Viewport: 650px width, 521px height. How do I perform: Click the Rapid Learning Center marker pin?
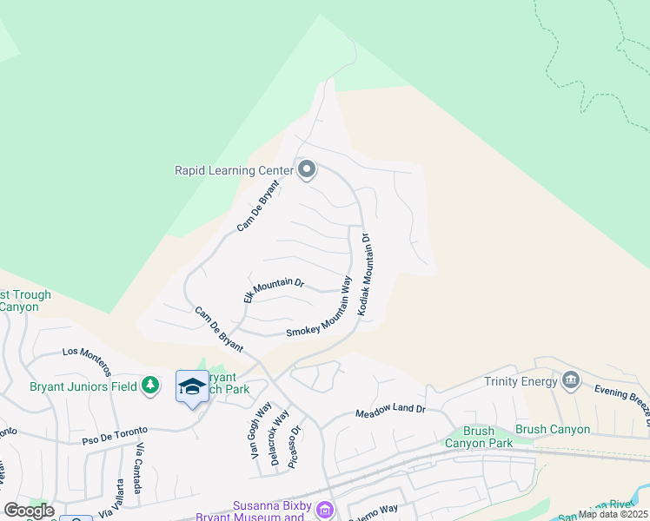[x=306, y=169]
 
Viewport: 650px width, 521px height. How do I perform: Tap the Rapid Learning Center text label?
[x=233, y=170]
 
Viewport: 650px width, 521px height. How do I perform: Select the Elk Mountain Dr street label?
[x=274, y=290]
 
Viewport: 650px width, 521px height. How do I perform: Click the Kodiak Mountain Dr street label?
[x=365, y=274]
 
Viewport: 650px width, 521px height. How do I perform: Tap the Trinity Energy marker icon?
[x=570, y=379]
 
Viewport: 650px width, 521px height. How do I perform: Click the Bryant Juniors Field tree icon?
[x=150, y=386]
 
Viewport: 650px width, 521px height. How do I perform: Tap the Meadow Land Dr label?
[x=390, y=412]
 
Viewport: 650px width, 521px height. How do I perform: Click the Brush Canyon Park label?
[x=478, y=437]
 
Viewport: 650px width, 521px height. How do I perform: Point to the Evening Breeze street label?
[x=622, y=399]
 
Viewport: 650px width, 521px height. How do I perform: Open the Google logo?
[x=29, y=511]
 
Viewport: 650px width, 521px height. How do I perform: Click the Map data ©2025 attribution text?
[x=613, y=514]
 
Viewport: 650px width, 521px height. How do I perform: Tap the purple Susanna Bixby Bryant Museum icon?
[x=325, y=509]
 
